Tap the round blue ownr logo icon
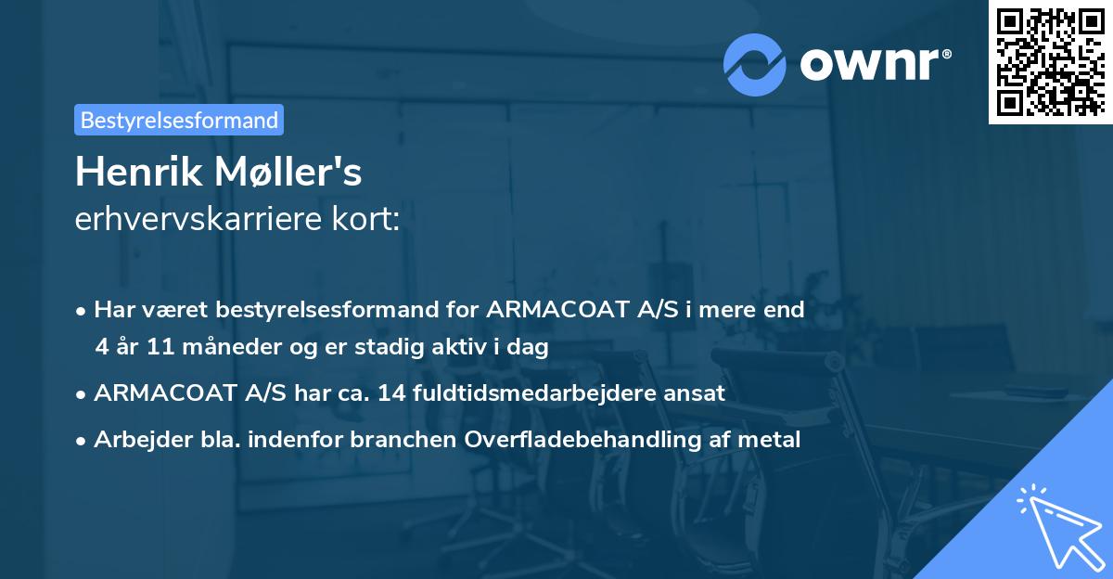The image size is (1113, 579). click(755, 64)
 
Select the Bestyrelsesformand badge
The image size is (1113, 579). click(178, 120)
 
